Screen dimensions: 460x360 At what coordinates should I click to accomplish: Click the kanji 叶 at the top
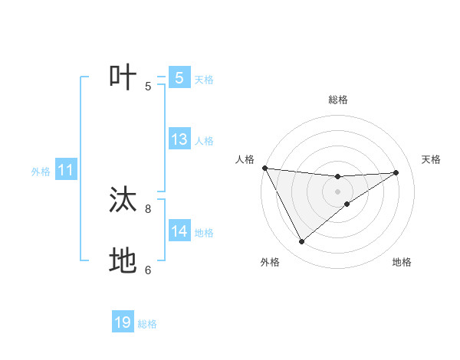tap(123, 78)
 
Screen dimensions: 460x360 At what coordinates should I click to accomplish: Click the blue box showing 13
tap(179, 140)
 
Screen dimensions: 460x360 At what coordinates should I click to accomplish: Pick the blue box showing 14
tap(179, 231)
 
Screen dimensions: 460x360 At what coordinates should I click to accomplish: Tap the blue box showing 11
tap(65, 171)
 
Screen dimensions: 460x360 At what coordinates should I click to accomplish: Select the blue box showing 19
tap(123, 322)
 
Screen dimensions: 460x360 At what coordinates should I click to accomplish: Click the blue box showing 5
tap(179, 78)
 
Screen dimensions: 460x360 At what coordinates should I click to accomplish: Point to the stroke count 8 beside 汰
tap(148, 208)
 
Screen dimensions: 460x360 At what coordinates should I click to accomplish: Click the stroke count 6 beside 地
tap(148, 270)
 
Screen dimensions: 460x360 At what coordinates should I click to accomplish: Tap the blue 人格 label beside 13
tap(204, 141)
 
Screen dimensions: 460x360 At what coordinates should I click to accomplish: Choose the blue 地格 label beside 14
tap(204, 232)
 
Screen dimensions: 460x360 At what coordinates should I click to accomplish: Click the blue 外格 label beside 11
tap(41, 172)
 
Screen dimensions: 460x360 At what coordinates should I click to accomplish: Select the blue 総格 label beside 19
tap(147, 324)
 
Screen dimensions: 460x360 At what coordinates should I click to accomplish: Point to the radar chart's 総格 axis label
tap(337, 100)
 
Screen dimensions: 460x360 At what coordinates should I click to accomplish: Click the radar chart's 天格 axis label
tap(431, 159)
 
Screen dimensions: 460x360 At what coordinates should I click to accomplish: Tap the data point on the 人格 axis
tap(264, 168)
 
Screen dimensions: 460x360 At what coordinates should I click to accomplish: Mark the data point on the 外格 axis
tap(301, 242)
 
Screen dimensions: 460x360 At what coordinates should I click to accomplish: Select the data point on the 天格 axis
tap(396, 172)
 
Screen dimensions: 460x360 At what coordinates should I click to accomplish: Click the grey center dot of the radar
tap(337, 191)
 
